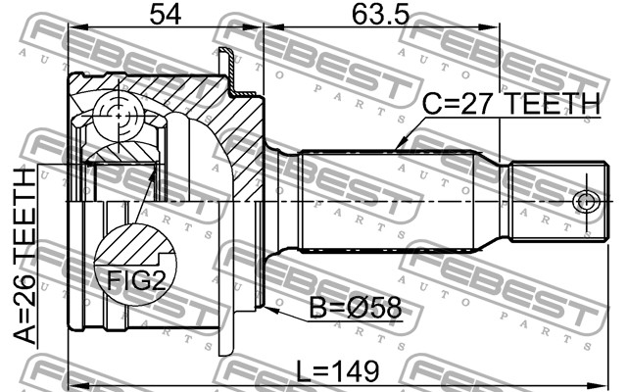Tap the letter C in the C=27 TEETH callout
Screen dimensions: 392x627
(432, 106)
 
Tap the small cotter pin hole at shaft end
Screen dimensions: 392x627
(586, 202)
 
